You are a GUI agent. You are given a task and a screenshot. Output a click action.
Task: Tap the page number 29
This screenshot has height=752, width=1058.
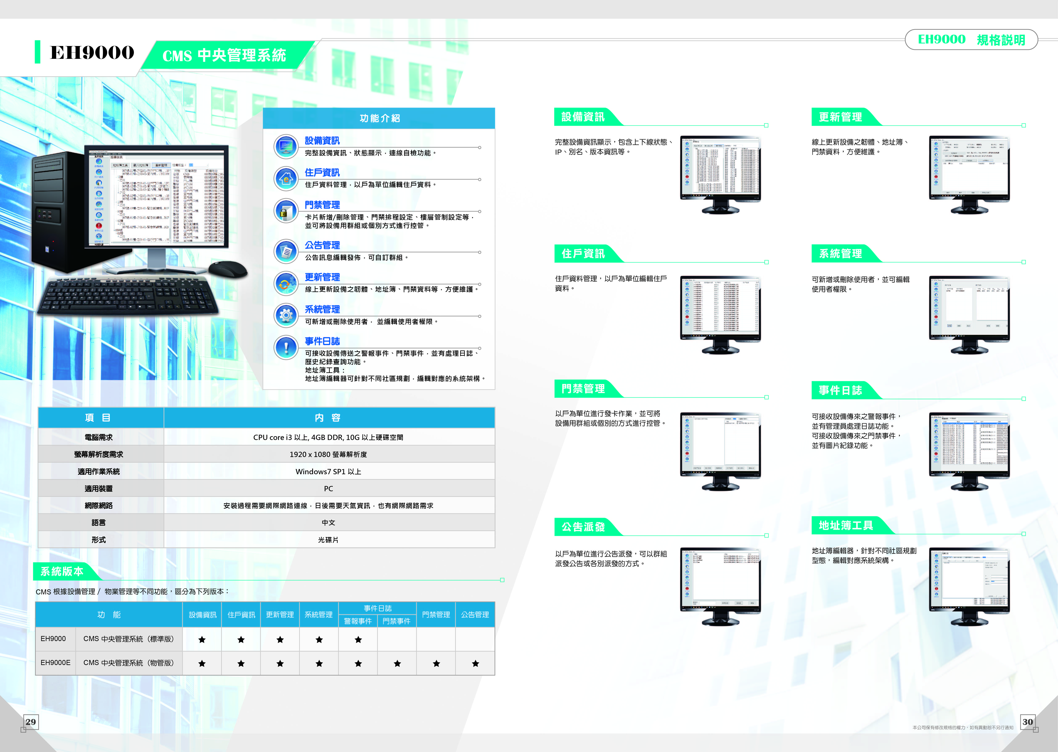[x=30, y=722]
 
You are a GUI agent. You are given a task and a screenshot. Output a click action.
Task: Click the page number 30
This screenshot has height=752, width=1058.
[x=1028, y=722]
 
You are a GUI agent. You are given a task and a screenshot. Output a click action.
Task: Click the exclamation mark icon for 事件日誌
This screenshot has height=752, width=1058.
[x=286, y=347]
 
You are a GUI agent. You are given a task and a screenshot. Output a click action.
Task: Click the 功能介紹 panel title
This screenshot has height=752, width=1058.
[x=379, y=118]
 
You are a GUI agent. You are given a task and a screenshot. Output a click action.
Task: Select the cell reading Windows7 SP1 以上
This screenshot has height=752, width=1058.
[x=328, y=471]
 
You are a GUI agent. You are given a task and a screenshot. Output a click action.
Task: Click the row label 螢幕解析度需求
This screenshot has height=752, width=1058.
[x=99, y=454]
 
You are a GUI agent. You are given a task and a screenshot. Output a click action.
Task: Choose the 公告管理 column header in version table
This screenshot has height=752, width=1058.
[x=475, y=614]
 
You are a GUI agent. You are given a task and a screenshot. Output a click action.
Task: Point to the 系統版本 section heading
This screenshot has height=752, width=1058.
[x=62, y=572]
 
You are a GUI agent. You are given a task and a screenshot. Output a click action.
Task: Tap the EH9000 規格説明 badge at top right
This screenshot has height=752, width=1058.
[x=971, y=40]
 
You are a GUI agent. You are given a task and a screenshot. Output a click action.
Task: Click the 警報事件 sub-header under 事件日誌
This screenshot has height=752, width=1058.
[x=358, y=621]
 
